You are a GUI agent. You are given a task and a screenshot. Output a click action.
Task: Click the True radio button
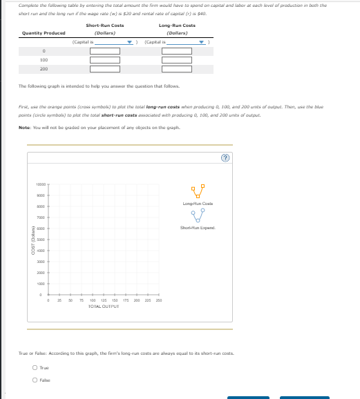pos(35,368)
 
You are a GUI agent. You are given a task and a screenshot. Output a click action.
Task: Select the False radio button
pos(35,380)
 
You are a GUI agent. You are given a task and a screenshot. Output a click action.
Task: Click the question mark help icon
pos(224,157)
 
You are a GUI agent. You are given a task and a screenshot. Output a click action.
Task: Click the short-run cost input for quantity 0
pos(105,50)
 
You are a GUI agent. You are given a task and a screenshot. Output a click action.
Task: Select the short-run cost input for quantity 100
pos(105,60)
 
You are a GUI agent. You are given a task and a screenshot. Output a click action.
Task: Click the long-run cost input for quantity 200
pos(176,69)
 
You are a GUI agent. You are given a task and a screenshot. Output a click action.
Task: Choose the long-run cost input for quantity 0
pos(176,50)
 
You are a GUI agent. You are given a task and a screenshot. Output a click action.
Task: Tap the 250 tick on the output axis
pos(159,300)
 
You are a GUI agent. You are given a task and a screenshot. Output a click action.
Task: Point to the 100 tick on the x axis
pos(93,300)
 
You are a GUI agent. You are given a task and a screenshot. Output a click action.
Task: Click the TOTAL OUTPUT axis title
pos(104,305)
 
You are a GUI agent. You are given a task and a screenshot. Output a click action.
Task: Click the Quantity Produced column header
pos(44,32)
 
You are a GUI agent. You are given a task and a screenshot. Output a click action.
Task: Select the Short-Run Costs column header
pos(105,26)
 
